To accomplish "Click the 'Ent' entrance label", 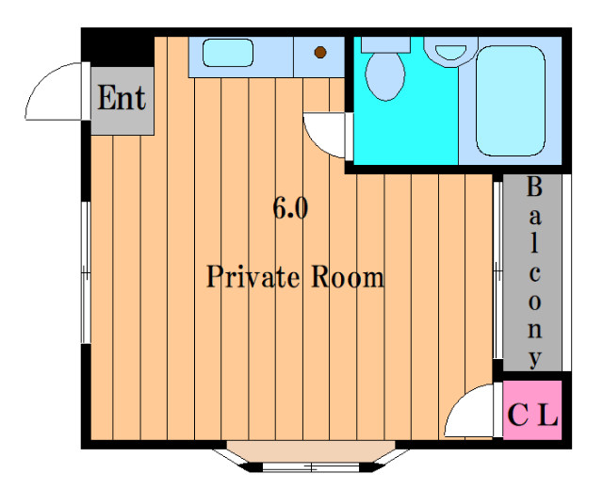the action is (122, 98).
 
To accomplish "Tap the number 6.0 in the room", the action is (290, 208).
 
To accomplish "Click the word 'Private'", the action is (253, 276).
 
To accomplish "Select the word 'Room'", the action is (348, 276).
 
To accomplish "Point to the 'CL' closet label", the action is (532, 415).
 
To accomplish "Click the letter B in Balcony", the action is (534, 187).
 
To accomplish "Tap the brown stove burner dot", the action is (320, 53).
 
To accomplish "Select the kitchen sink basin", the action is (228, 53).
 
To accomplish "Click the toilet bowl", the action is (385, 76).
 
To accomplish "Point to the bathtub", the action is (511, 101).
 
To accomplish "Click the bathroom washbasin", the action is (450, 52).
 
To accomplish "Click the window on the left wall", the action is (86, 272).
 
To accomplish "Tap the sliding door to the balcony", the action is (497, 270).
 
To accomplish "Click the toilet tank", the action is (385, 44).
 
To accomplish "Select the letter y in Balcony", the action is (535, 359).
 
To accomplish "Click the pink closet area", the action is (532, 410).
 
